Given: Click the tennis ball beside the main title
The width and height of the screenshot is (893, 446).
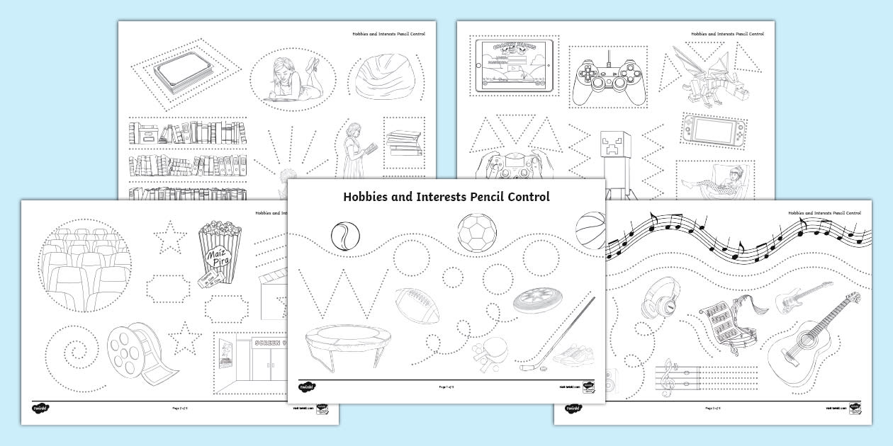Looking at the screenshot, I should [345, 235].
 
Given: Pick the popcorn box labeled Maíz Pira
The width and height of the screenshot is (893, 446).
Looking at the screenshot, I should [218, 255].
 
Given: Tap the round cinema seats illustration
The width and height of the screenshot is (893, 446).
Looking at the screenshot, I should [86, 265].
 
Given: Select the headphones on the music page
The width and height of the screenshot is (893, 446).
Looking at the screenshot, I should [659, 299].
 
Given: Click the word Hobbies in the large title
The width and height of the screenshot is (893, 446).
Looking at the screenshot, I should [371, 198].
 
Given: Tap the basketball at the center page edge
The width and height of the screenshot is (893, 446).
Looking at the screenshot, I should [590, 231].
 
